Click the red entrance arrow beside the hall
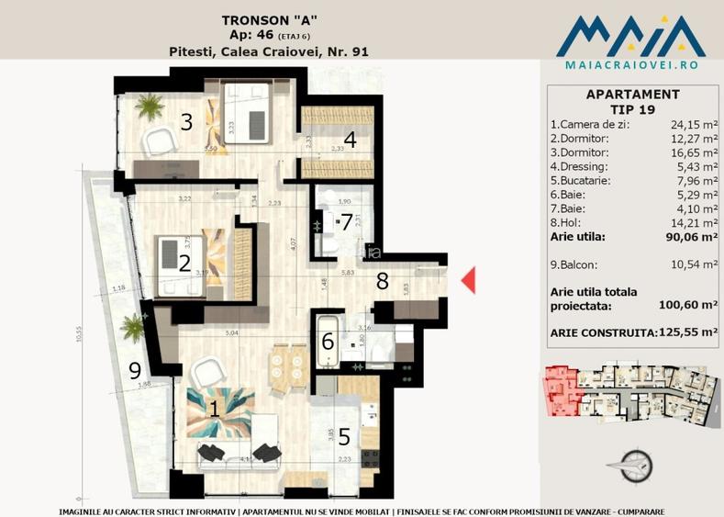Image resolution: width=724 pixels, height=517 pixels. coord(468,280)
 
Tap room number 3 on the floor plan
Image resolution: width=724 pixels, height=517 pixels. coord(186,121)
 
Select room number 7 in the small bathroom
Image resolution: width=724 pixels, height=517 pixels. coord(346,221)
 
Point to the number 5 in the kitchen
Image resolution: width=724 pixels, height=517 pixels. coord(343,436)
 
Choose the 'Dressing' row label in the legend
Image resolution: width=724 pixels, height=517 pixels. coord(578,166)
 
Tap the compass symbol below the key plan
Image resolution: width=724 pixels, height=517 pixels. coord(632,465)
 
